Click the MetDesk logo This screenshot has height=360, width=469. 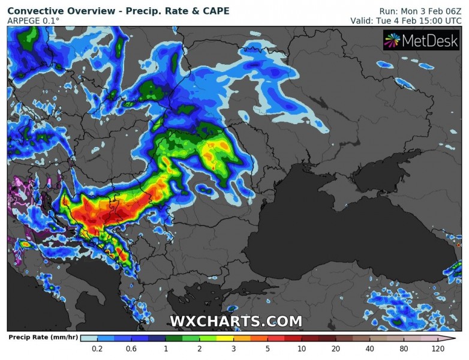click(x=421, y=41)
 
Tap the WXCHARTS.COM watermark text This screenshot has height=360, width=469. click(x=236, y=322)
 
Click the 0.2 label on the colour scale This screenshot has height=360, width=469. click(x=97, y=349)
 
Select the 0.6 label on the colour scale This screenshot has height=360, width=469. click(x=131, y=349)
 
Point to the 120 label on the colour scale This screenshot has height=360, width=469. click(x=437, y=349)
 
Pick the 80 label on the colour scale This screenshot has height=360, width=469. click(x=404, y=349)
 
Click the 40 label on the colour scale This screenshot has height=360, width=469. click(x=370, y=349)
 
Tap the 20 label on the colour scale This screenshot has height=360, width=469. click(x=336, y=349)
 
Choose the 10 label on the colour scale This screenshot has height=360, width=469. click(x=302, y=349)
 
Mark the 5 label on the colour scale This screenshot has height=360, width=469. click(x=267, y=349)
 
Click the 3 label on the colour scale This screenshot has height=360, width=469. click(x=233, y=349)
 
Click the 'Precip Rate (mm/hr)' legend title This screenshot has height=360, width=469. click(x=40, y=338)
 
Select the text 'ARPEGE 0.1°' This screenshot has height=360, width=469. click(x=34, y=21)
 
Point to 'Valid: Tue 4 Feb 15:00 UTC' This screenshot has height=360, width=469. click(x=406, y=21)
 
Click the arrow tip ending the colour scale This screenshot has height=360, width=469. click(x=455, y=338)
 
